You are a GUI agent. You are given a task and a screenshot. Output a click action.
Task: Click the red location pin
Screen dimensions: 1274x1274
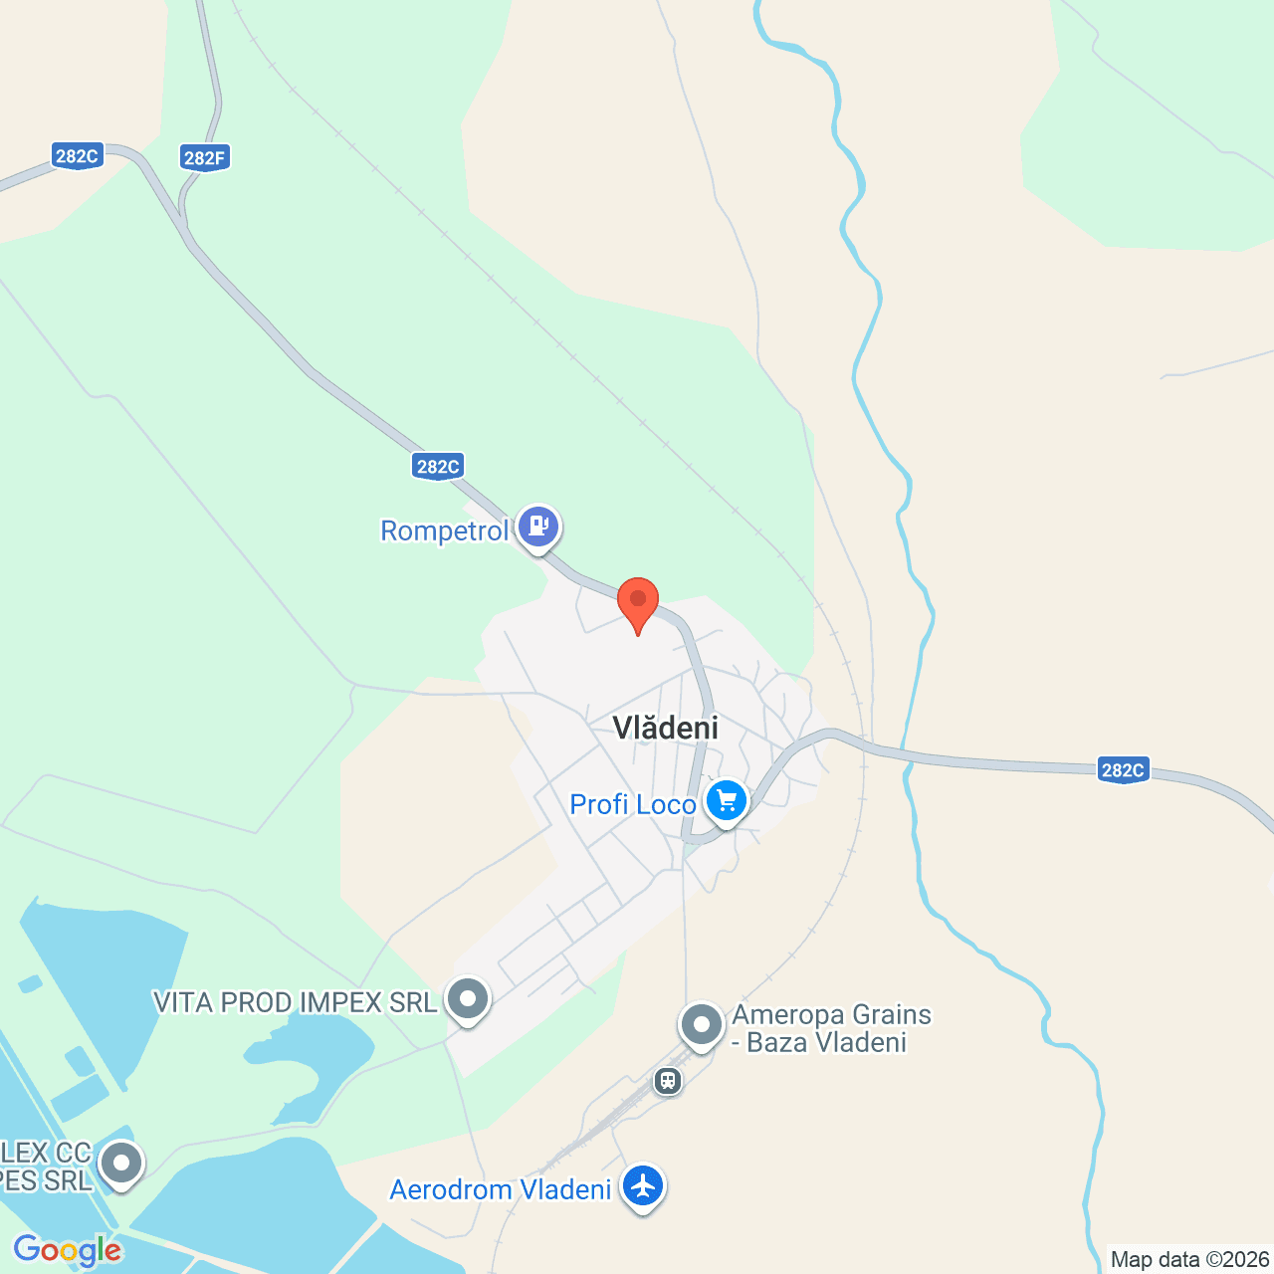[638, 601]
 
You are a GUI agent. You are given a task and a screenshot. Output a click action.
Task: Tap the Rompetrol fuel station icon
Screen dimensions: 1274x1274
[538, 526]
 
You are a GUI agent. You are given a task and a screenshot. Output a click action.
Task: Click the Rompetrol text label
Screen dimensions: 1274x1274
[444, 531]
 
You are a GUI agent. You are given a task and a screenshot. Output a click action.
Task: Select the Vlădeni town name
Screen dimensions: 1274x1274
[665, 728]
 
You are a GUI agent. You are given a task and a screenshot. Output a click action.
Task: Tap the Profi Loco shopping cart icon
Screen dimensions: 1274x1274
[727, 800]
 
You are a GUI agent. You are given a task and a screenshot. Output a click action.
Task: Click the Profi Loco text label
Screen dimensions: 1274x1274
[632, 804]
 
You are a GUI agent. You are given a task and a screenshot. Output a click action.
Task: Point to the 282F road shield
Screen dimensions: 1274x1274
[205, 157]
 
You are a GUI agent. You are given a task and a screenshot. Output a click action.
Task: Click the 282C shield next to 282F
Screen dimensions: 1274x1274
[77, 156]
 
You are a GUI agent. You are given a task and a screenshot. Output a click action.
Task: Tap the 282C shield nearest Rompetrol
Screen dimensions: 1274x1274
[438, 466]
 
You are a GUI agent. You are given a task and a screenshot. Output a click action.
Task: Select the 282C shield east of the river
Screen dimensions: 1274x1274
[1123, 769]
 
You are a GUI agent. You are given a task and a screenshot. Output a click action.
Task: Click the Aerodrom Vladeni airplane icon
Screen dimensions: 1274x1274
[643, 1186]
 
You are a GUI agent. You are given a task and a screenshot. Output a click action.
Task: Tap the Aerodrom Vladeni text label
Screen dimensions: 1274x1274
[500, 1190]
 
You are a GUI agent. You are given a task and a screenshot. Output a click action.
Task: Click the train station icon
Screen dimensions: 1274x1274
[668, 1080]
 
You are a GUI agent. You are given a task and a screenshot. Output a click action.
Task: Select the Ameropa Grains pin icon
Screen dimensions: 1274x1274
[702, 1023]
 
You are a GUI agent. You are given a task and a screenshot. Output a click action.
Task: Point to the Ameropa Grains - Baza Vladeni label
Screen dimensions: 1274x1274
[832, 1028]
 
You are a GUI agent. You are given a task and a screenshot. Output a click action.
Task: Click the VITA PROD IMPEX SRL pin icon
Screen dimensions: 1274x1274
[468, 997]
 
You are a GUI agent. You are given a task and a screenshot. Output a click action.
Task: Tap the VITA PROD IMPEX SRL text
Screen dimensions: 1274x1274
[296, 1002]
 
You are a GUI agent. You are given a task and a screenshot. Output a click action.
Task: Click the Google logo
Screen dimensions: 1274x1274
[68, 1250]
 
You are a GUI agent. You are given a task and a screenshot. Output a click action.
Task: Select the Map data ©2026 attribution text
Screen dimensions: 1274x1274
[1189, 1259]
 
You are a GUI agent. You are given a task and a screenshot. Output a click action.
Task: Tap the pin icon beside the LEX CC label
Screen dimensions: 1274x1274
[121, 1163]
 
